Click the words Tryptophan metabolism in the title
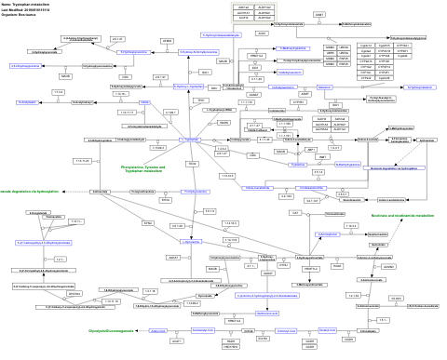(38, 5)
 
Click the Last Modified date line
(34, 10)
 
